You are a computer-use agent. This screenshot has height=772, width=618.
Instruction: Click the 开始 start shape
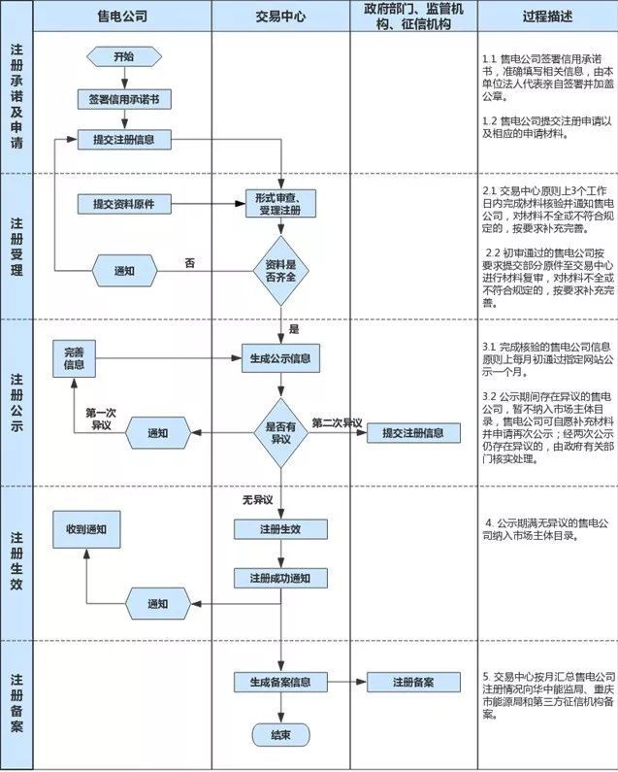123,57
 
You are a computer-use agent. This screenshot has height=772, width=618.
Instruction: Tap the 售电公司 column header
123,17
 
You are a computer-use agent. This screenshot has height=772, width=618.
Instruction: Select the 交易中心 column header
280,17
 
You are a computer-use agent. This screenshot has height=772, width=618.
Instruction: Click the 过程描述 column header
547,17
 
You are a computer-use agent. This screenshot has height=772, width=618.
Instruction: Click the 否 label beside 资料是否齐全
190,262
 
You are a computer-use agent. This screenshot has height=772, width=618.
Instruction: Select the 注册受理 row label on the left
16,246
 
